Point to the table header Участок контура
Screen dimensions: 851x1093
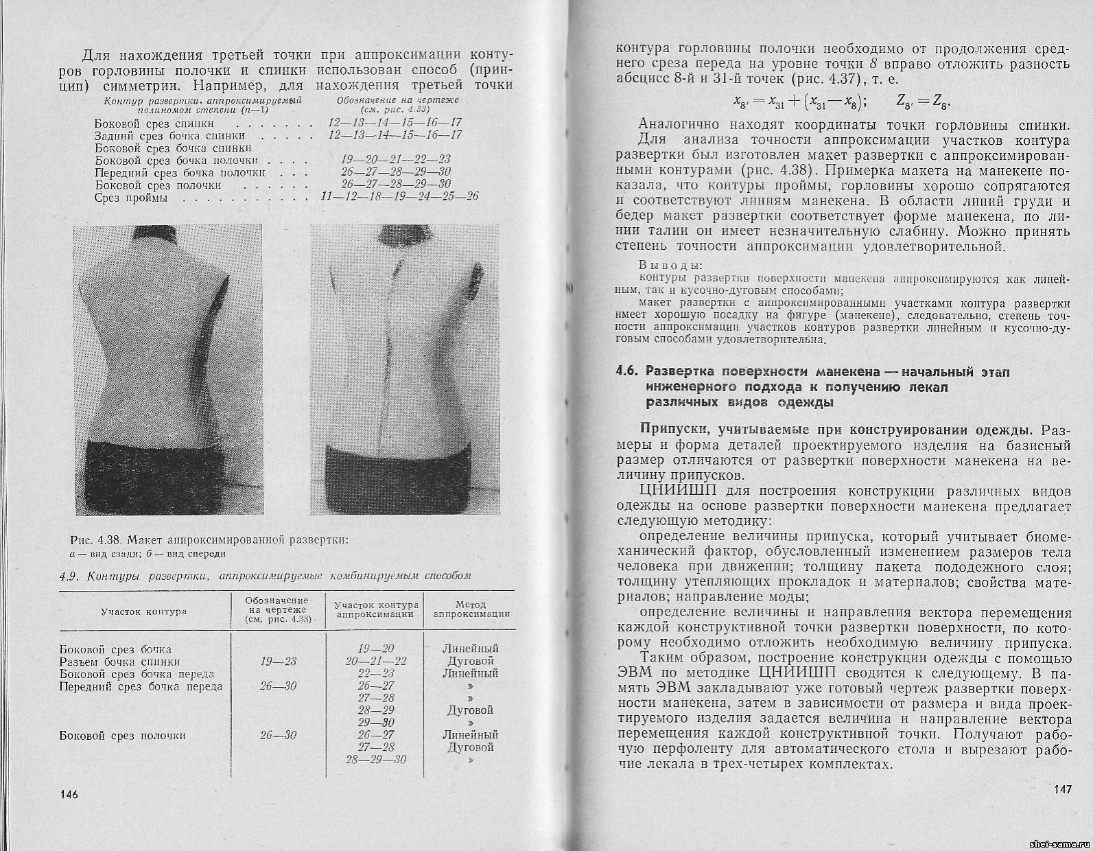point(143,611)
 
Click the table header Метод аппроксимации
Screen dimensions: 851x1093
point(471,609)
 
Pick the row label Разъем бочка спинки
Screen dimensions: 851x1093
point(120,662)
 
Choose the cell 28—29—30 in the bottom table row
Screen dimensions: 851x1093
point(376,760)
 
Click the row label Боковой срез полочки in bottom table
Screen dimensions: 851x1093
point(123,735)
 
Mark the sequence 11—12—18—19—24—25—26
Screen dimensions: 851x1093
point(399,197)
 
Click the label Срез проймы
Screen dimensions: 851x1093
point(131,198)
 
